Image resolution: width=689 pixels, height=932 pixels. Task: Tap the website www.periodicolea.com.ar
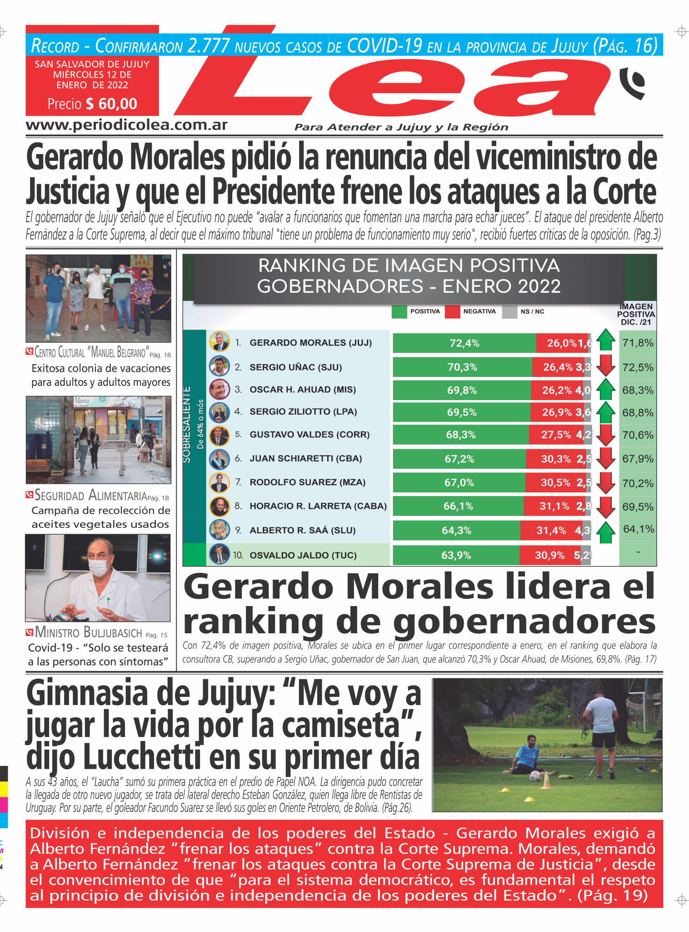(x=126, y=125)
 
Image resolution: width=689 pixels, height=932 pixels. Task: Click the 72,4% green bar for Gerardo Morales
(x=464, y=343)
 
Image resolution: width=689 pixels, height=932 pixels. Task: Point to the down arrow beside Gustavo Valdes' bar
(x=605, y=435)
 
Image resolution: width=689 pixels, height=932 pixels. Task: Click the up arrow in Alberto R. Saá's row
(x=605, y=531)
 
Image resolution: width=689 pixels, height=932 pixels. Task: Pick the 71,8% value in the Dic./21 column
(x=638, y=343)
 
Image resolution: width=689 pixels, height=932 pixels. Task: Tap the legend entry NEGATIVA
(x=479, y=311)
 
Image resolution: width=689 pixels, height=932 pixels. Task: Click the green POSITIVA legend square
(x=399, y=312)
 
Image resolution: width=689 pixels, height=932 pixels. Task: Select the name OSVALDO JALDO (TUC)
(x=303, y=555)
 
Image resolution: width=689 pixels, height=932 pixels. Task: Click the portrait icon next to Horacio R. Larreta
(x=219, y=506)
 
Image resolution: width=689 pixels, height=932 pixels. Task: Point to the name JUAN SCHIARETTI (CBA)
(x=305, y=458)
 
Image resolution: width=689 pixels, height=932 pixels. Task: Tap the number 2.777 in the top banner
(x=208, y=46)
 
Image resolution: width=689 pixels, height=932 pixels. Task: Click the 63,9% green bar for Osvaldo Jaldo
(x=456, y=555)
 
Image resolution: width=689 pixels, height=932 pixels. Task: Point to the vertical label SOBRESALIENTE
(x=187, y=425)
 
